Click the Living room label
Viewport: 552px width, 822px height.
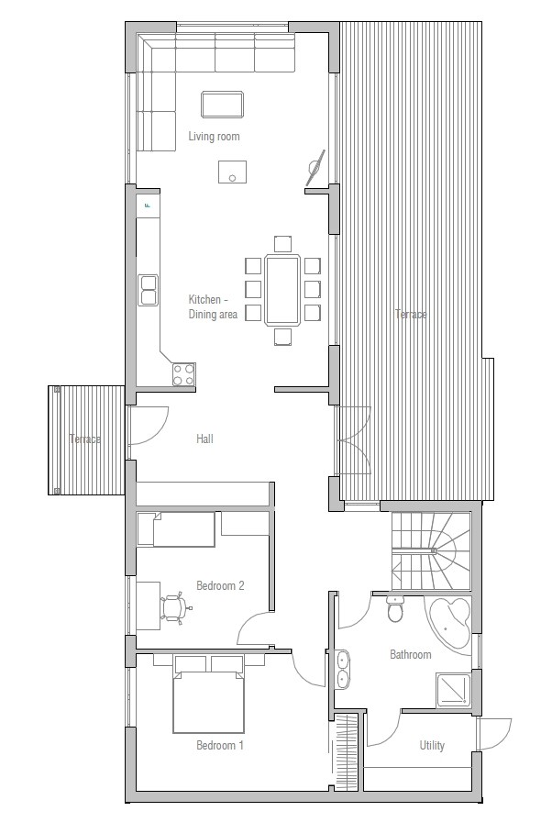(x=214, y=137)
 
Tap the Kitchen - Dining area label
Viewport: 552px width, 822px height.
(x=214, y=307)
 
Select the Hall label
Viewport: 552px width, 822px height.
(x=204, y=439)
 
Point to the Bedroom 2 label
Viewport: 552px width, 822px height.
(x=220, y=585)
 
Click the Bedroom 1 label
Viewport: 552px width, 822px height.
(x=220, y=746)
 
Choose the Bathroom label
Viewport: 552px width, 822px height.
(x=410, y=655)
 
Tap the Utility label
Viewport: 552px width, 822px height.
(x=432, y=746)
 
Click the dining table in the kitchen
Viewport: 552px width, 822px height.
(x=282, y=290)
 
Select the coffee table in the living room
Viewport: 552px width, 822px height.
(x=222, y=104)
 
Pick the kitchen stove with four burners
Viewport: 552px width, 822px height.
(x=183, y=373)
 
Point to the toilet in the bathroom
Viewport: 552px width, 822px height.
(x=396, y=608)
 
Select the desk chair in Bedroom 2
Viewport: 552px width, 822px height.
(x=173, y=608)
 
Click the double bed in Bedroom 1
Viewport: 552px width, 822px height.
(x=209, y=701)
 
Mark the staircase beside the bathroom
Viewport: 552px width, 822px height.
(x=431, y=550)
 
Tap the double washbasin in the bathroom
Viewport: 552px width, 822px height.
(x=343, y=669)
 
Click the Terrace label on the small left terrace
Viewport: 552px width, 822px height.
(x=85, y=439)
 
